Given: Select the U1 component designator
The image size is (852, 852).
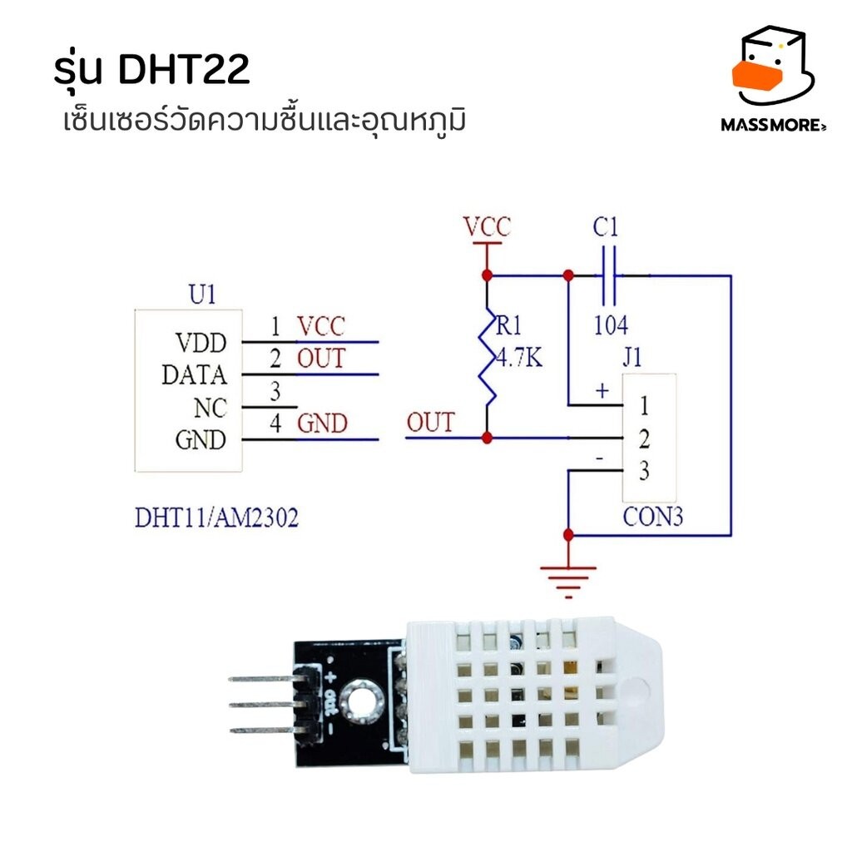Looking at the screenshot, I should [x=202, y=294].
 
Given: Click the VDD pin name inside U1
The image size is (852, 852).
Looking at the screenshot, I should [x=200, y=343].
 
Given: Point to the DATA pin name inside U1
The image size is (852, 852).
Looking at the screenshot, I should [x=194, y=375].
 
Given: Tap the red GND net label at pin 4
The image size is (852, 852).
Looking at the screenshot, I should [x=322, y=424].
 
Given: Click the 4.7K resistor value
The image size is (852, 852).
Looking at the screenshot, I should [x=518, y=359].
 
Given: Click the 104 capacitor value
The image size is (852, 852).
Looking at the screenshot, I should [x=610, y=324].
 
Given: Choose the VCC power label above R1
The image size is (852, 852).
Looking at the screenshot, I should [x=487, y=226].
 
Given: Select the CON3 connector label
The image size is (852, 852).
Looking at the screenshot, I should [x=652, y=518].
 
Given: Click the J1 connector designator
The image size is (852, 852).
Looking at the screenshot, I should [x=632, y=359].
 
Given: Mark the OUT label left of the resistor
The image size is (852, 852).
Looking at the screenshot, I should [x=430, y=423].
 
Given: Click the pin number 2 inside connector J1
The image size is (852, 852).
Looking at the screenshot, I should [x=643, y=438].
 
